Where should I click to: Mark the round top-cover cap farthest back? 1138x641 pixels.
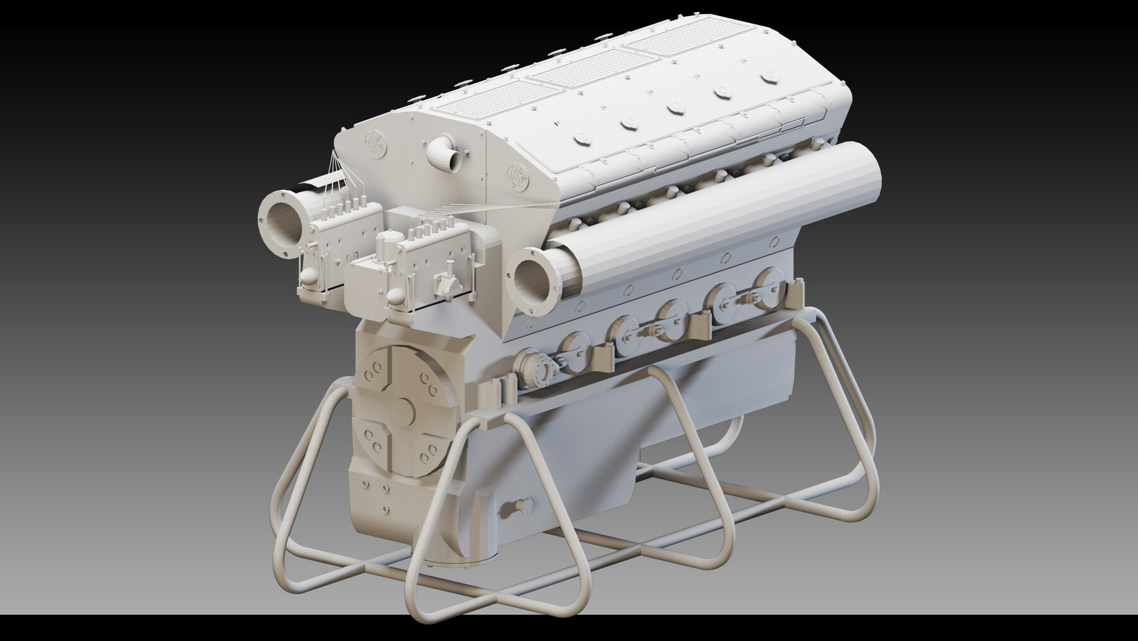pyautogui.click(x=768, y=76)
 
